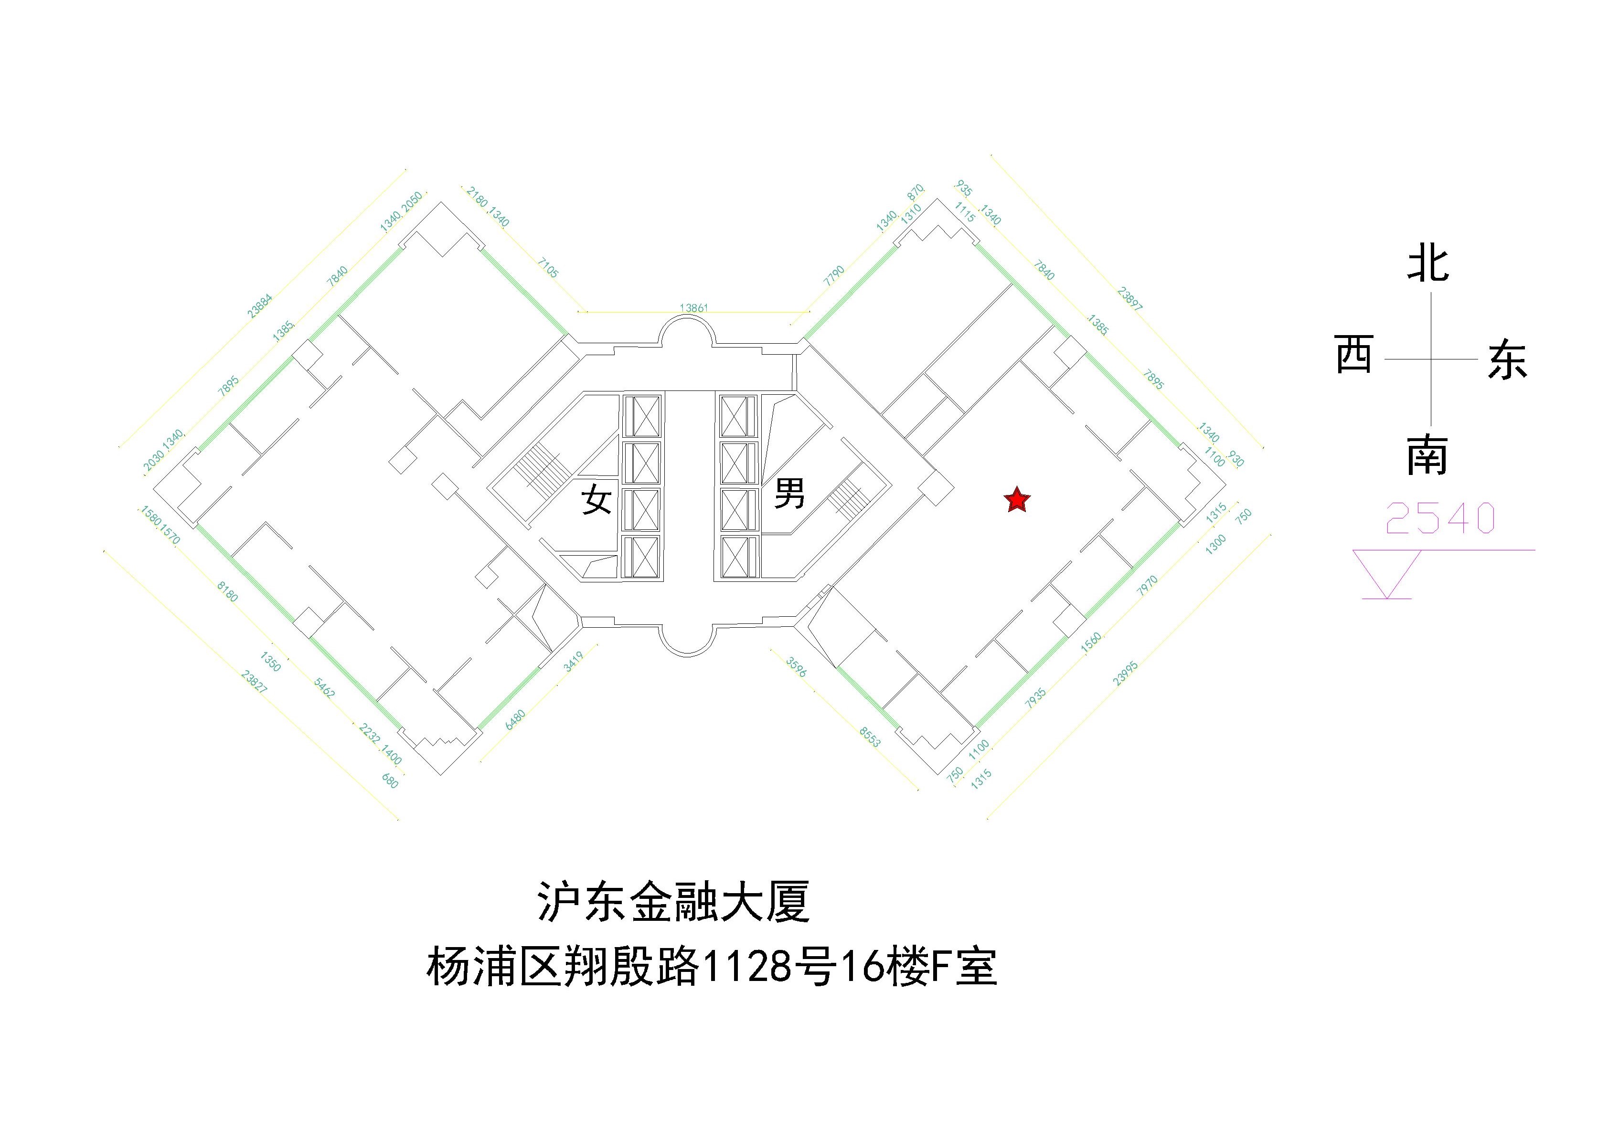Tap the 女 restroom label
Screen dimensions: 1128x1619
coord(596,501)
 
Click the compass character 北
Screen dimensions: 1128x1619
coord(1428,264)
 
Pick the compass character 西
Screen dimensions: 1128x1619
coord(1354,355)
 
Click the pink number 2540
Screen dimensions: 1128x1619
coord(1440,519)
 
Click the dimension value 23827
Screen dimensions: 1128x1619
coord(254,682)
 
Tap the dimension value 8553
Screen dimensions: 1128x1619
coord(870,737)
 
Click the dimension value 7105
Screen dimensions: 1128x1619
coord(548,268)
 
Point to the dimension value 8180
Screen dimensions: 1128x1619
coord(227,591)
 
